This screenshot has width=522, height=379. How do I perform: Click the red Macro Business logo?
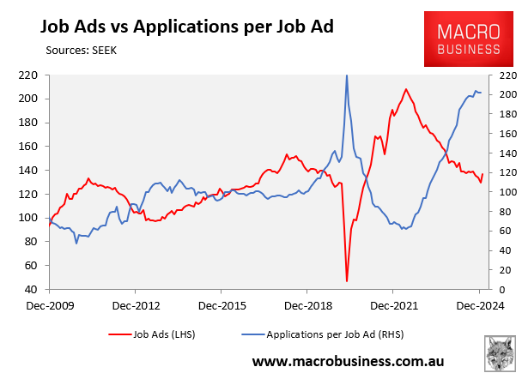(x=470, y=39)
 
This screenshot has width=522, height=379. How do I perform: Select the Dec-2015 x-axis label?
(x=222, y=304)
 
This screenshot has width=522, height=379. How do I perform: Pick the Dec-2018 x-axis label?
(x=307, y=304)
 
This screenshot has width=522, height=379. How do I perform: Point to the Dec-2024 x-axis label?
(x=478, y=304)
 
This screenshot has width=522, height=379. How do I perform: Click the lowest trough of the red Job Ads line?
(x=347, y=280)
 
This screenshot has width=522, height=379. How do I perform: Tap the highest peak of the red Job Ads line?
(x=405, y=89)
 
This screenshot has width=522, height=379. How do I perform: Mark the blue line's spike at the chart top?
(x=347, y=76)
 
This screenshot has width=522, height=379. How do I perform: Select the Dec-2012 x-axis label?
(x=136, y=304)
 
